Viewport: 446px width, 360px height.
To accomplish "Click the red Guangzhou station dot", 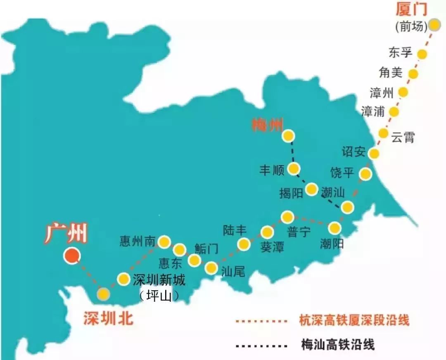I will coord(71,256).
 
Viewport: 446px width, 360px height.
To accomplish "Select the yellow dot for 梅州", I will coord(288,136).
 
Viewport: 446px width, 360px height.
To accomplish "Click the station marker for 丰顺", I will coord(294,168).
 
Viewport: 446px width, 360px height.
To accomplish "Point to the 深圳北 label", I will coord(108,318).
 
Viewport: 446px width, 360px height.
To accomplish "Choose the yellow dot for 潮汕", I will coord(347,207).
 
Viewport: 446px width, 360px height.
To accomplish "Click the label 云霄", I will coord(403,137).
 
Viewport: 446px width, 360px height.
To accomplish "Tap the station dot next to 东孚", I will coord(422,54).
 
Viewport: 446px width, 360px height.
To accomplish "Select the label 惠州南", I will coord(138,241).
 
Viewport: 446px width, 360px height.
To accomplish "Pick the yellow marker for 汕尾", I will coord(211,268).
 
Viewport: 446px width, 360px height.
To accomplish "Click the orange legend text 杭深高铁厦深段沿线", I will coord(354,320).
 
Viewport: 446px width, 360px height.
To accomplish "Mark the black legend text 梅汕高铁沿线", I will coord(338,344).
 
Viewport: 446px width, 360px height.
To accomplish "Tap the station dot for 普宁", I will coord(287,217).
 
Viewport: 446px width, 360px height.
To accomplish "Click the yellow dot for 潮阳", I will coord(334,227).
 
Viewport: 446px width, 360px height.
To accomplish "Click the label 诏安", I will coord(353,152).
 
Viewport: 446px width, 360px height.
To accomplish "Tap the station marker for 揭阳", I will coord(311,189).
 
